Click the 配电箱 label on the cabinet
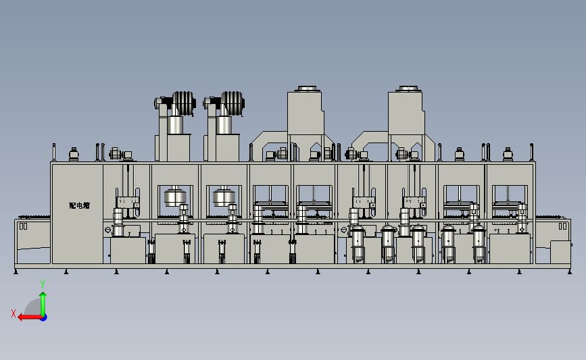click(79, 205)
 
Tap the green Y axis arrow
click(43, 304)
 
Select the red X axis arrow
click(30, 317)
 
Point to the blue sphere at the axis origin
click(44, 317)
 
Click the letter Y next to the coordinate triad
click(43, 284)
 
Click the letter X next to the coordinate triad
click(14, 313)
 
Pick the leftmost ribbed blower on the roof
click(183, 103)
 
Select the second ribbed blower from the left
click(233, 103)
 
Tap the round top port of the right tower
click(408, 88)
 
